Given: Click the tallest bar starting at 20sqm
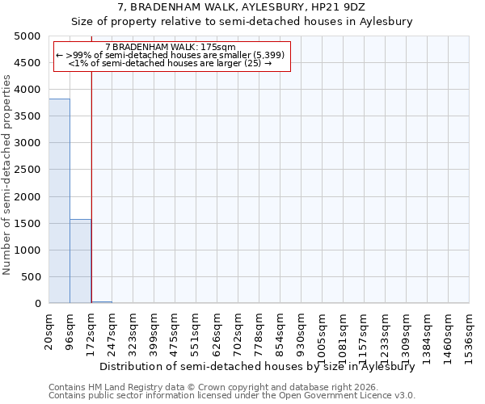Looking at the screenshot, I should point(59,201).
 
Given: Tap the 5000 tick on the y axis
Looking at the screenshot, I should point(27,36).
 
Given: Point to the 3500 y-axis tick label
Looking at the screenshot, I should point(27,116).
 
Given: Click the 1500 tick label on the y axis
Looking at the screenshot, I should point(27,224).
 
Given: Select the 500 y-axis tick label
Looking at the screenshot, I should point(31,277).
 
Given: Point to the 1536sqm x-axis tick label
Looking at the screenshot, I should point(470,330).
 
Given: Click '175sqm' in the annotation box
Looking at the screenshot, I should point(217,47).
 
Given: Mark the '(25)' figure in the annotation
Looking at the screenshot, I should point(252,63).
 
